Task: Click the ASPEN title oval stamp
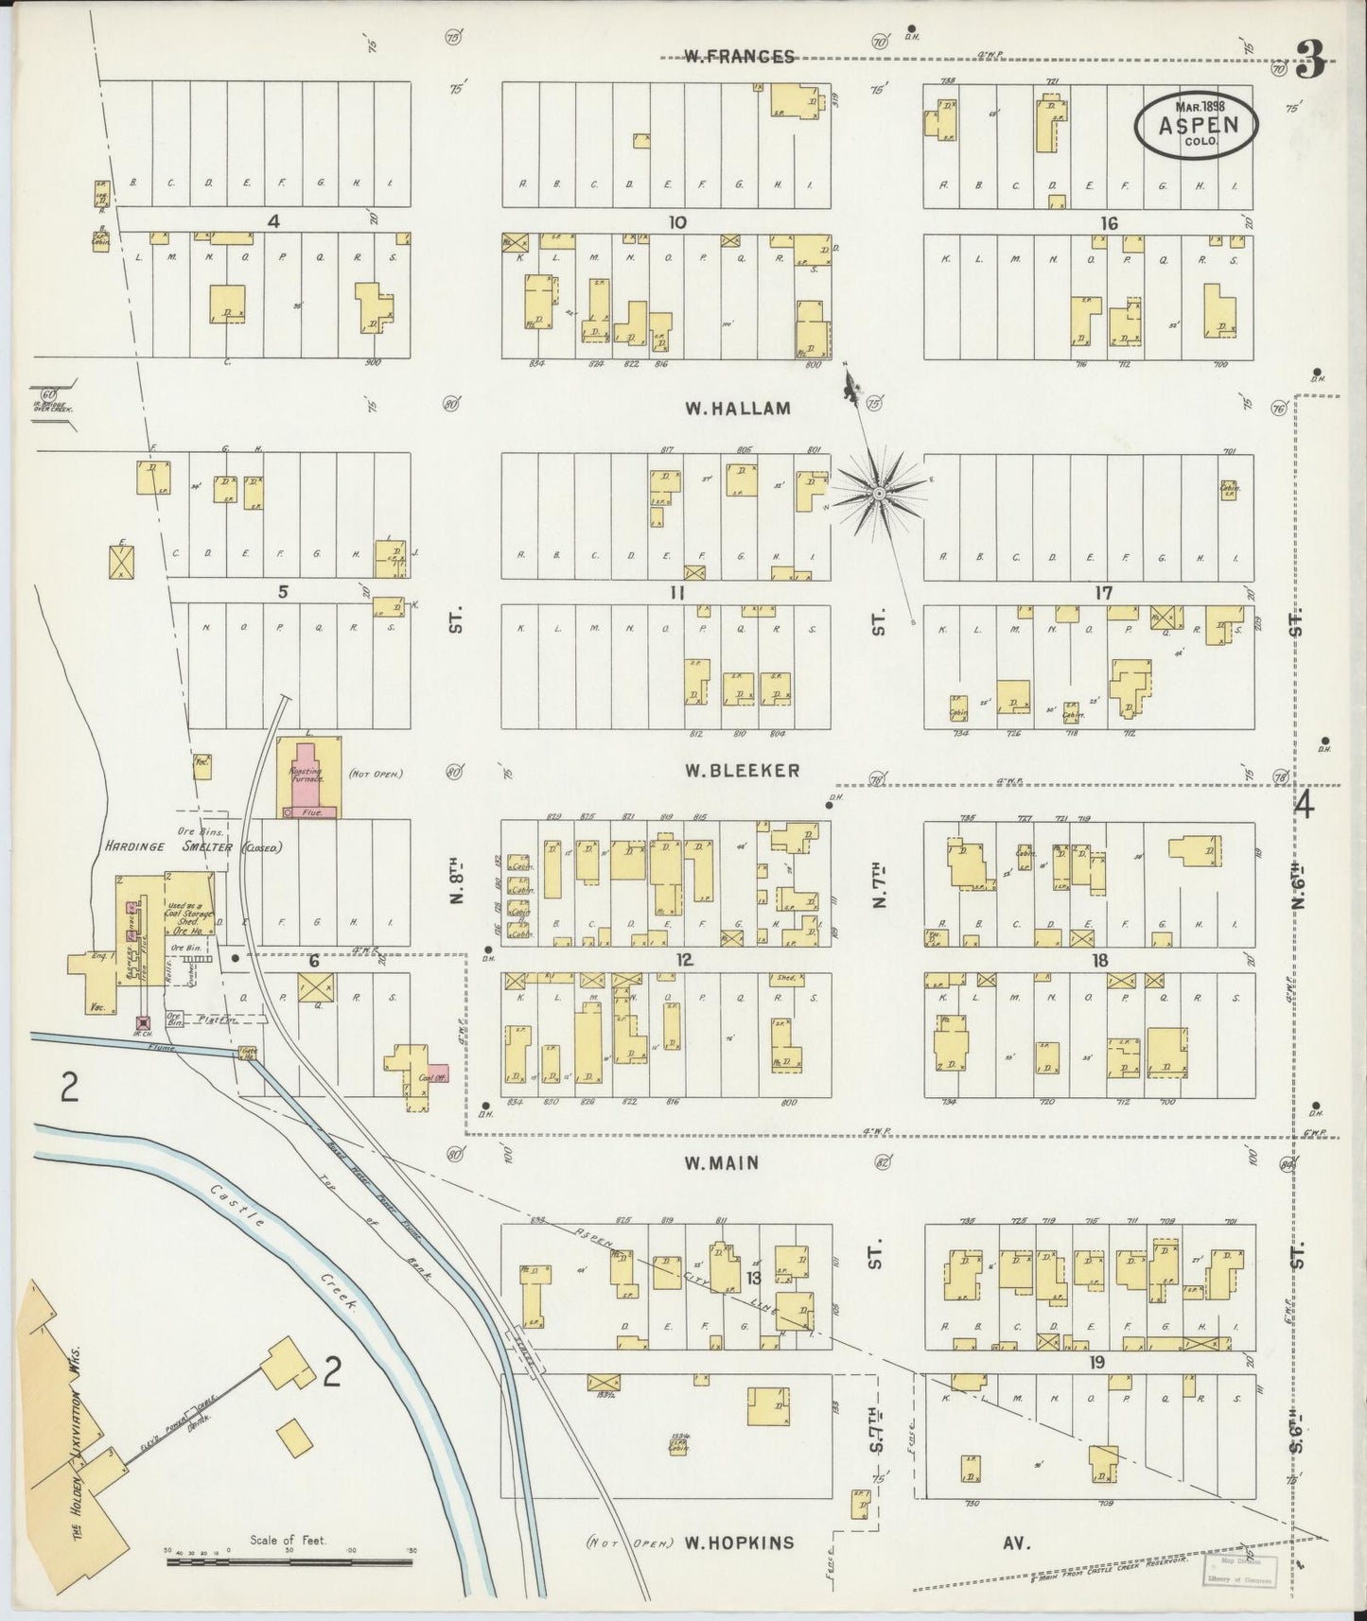[1198, 124]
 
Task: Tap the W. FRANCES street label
[739, 57]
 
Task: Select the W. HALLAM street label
[737, 409]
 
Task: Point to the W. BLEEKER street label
[743, 770]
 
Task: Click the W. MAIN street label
[722, 1163]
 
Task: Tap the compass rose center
[879, 494]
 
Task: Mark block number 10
[676, 223]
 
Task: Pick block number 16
[1109, 223]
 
